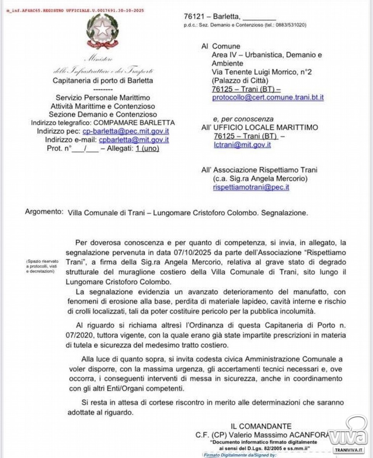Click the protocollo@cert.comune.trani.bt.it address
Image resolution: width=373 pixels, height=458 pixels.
[x=268, y=98]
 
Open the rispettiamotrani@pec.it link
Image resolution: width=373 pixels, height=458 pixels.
[x=251, y=187]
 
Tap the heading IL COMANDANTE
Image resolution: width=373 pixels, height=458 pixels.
[x=261, y=426]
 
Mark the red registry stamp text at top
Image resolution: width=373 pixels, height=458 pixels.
[x=75, y=11]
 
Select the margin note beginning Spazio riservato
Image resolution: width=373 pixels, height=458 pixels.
[x=40, y=266]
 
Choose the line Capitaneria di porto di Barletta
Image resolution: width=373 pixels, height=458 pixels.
[x=103, y=81]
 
